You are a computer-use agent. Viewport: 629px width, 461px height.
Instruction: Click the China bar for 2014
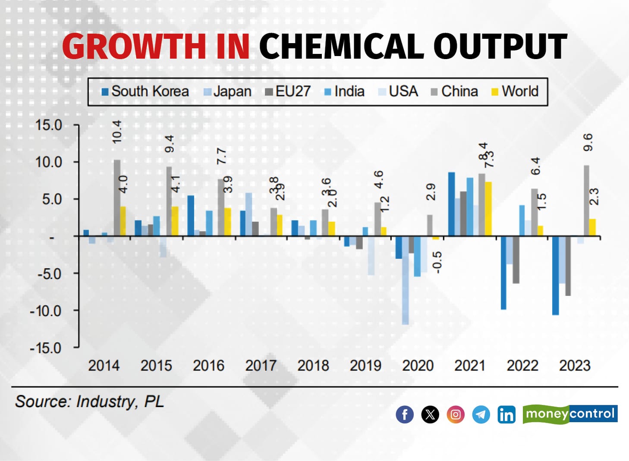pyautogui.click(x=117, y=198)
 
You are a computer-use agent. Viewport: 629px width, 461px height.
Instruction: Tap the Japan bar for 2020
pyautogui.click(x=405, y=280)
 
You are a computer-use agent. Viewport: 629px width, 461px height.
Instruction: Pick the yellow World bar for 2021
pyautogui.click(x=488, y=209)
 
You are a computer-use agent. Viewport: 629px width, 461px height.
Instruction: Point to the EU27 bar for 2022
pyautogui.click(x=516, y=260)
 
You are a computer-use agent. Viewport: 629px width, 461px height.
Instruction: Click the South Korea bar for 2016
pyautogui.click(x=191, y=216)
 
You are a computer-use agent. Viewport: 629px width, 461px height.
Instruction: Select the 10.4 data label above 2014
pyautogui.click(x=117, y=132)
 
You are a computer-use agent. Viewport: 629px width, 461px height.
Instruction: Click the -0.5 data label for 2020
pyautogui.click(x=437, y=262)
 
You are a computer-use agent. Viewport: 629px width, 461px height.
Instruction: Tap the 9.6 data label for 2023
pyautogui.click(x=588, y=142)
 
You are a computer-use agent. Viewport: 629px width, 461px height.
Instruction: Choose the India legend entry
pyautogui.click(x=344, y=91)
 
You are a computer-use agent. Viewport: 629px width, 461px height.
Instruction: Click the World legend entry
pyautogui.click(x=515, y=91)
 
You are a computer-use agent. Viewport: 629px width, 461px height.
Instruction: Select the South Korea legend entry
pyautogui.click(x=145, y=91)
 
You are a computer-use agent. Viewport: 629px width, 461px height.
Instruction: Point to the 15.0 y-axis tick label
pyautogui.click(x=49, y=125)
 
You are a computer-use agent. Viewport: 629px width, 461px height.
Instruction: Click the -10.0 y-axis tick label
pyautogui.click(x=46, y=310)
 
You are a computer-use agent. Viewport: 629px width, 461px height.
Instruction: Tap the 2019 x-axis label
pyautogui.click(x=365, y=366)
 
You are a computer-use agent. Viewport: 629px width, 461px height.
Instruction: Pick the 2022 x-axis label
pyautogui.click(x=522, y=366)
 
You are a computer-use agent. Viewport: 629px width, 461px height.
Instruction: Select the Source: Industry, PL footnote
pyautogui.click(x=90, y=401)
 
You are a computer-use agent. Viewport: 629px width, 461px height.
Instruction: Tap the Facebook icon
pyautogui.click(x=405, y=414)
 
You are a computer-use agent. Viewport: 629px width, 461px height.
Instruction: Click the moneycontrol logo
pyautogui.click(x=570, y=414)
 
